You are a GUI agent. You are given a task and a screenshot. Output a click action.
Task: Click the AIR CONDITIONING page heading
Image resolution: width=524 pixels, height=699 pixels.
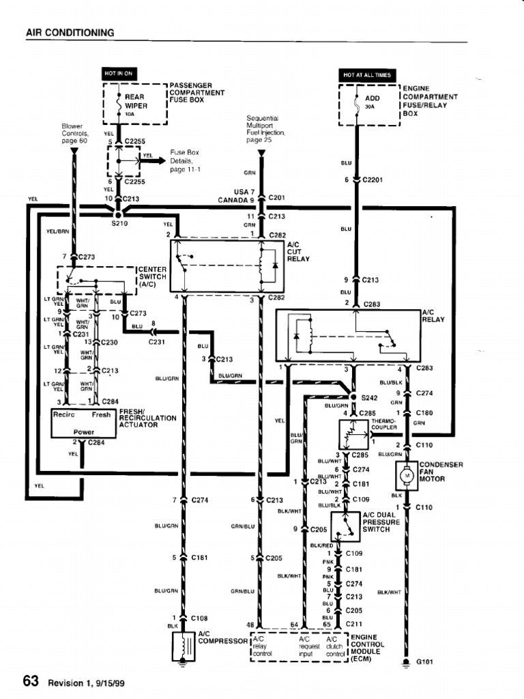coord(70,32)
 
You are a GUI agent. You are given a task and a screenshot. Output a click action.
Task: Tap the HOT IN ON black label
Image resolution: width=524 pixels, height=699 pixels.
coord(117,73)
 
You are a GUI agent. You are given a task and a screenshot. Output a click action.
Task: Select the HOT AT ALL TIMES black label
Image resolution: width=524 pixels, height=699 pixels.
coord(368,74)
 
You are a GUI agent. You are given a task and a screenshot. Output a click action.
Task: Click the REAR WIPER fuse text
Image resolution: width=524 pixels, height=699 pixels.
coord(136,102)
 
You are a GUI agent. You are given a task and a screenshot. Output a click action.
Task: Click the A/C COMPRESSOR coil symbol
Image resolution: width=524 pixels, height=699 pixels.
coord(184,647)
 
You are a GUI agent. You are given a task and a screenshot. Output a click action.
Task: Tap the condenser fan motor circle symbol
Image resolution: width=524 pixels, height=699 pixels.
coord(407,474)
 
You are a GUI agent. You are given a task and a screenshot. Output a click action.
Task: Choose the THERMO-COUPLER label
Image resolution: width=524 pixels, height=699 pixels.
coord(383,425)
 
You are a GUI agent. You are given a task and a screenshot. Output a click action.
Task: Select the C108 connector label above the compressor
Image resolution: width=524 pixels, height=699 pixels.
coord(199,618)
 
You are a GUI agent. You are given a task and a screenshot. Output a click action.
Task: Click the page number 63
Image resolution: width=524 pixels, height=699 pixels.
coord(31,681)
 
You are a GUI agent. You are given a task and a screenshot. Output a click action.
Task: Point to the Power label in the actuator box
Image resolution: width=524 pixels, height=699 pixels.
coord(84,432)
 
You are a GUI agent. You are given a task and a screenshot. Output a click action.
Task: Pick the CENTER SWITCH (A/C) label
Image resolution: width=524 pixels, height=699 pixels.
coord(152,276)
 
